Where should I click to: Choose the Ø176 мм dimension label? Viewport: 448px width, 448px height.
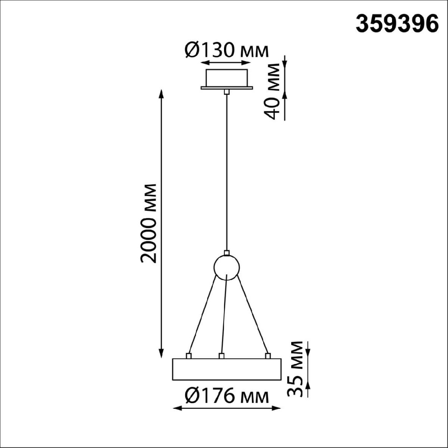point(227,396)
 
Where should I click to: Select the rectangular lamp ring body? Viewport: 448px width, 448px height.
point(226,370)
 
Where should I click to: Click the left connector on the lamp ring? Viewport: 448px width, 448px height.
point(189,356)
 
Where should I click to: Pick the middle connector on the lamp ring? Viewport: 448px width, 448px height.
point(221,356)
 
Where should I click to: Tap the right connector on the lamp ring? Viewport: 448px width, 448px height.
point(267,356)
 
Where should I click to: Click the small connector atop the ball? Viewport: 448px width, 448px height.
point(226,253)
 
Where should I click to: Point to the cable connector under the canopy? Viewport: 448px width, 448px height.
point(226,91)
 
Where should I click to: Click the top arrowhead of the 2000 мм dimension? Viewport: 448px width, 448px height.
point(161,93)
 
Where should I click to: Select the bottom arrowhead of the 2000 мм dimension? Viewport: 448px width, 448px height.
point(161,354)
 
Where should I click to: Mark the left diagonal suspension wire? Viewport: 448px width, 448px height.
point(202,314)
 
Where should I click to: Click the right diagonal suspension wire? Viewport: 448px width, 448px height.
point(253,314)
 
